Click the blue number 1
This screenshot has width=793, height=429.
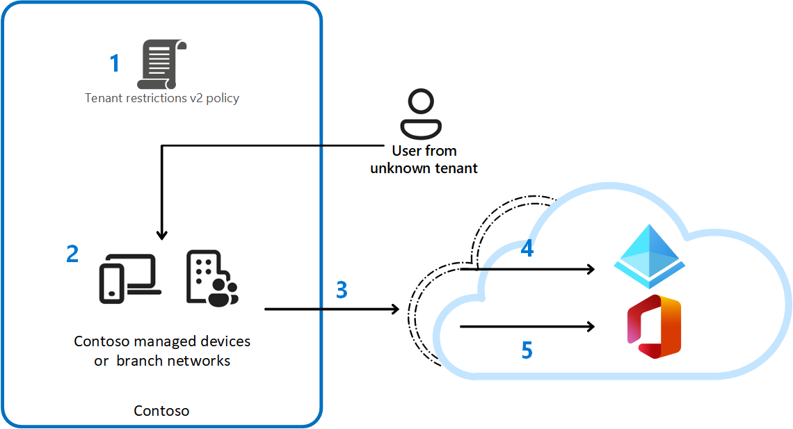click(x=115, y=64)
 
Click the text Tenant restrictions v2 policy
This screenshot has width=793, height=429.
click(x=162, y=98)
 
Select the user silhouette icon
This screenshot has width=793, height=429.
click(x=422, y=115)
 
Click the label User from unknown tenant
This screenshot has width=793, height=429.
click(x=424, y=159)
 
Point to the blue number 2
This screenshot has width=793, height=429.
click(x=72, y=254)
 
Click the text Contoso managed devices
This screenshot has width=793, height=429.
click(x=162, y=341)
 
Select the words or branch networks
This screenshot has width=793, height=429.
click(x=162, y=361)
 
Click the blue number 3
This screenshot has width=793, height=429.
click(x=342, y=290)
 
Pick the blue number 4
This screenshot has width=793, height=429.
click(x=527, y=248)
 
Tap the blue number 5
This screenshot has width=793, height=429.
click(x=527, y=350)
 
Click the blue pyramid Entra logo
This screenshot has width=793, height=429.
click(x=648, y=257)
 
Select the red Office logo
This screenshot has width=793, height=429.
click(x=654, y=327)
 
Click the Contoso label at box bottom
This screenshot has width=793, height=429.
click(x=161, y=411)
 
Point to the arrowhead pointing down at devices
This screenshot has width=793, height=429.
click(x=161, y=234)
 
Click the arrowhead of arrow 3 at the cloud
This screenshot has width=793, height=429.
click(x=394, y=309)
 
